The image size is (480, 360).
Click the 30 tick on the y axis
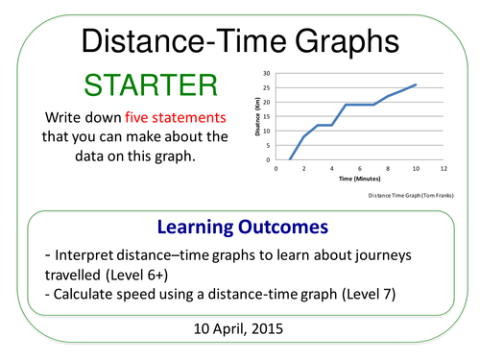pos(265,72)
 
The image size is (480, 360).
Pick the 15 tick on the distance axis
pos(265,116)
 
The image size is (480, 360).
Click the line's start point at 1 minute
pos(290,159)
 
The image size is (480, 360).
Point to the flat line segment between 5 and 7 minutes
pos(359,105)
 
